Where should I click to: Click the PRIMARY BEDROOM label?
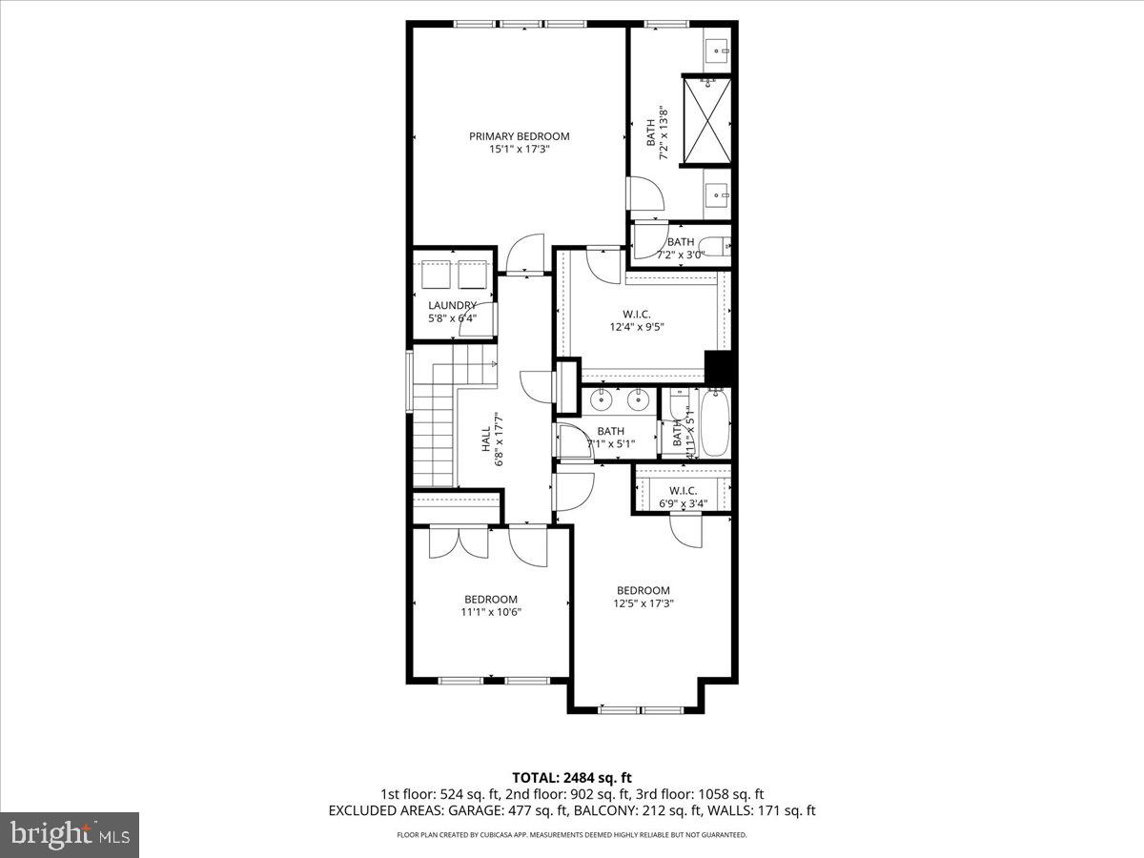(519, 136)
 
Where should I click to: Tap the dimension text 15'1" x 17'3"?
(519, 150)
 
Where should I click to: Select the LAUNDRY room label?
(452, 305)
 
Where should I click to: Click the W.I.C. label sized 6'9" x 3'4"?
(682, 491)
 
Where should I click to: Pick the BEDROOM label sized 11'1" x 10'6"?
(491, 599)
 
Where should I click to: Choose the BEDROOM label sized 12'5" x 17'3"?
(643, 590)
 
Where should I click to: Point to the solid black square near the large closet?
(718, 368)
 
